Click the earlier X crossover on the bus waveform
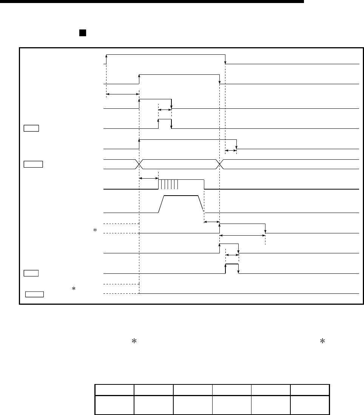[140, 164]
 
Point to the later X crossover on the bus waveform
[220, 164]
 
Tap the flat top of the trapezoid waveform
[181, 196]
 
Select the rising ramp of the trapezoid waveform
[161, 204]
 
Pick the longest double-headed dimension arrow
[242, 235]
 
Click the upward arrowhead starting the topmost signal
[106, 56]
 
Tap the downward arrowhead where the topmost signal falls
[225, 62]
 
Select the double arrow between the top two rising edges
[123, 93]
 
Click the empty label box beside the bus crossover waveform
[33, 164]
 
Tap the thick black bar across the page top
[151, 2]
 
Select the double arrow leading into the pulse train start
[148, 178]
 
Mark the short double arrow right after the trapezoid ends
[211, 222]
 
